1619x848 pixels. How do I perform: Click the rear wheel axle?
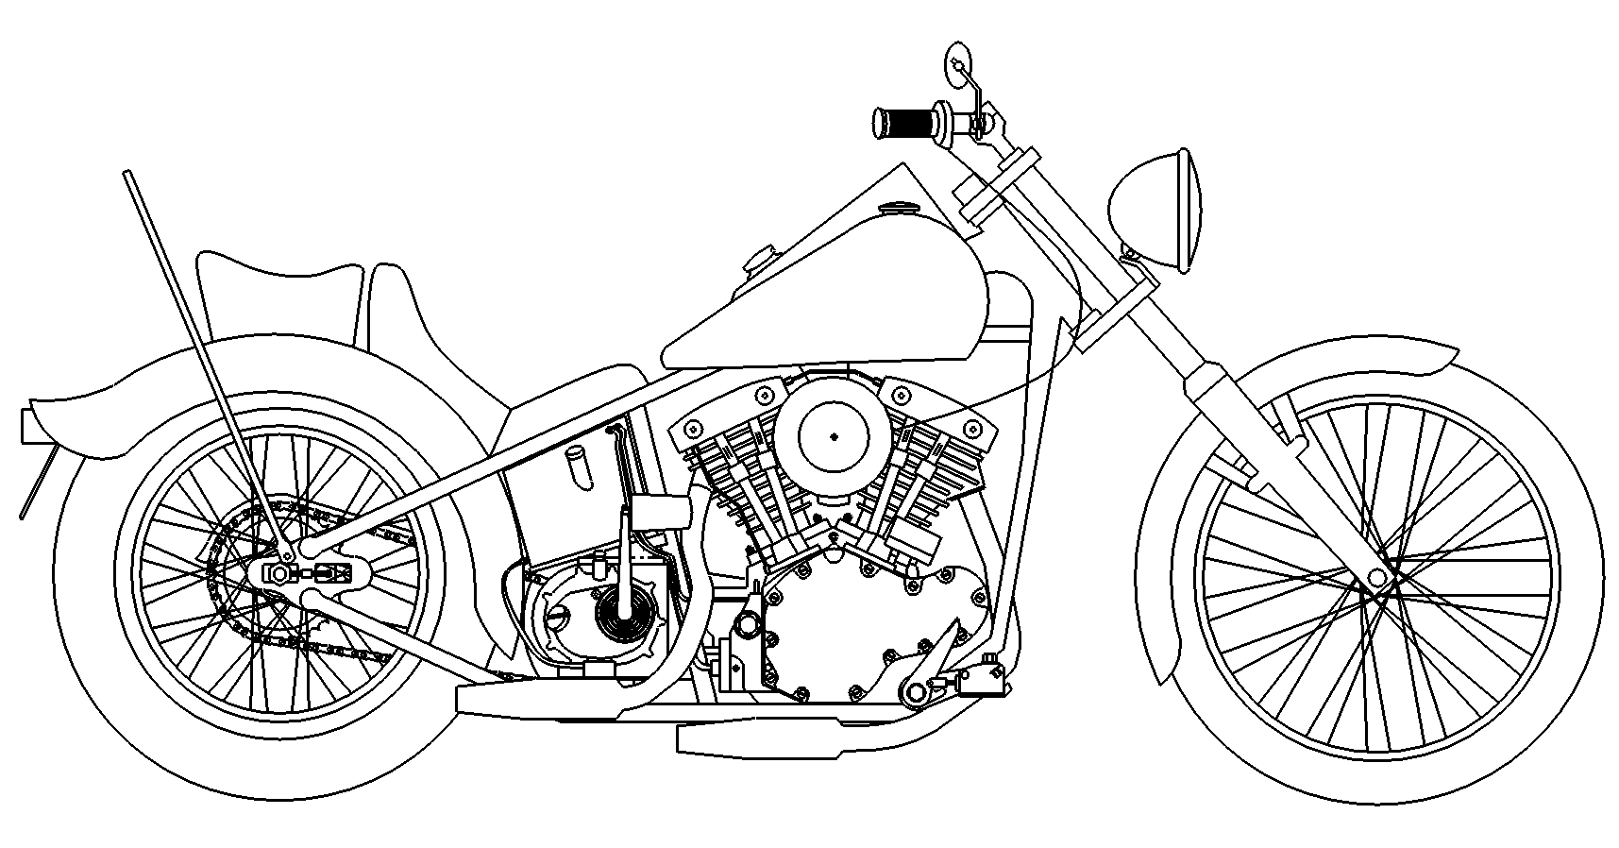[280, 573]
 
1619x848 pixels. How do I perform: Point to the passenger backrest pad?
[278, 293]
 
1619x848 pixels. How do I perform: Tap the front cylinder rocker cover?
[939, 425]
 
